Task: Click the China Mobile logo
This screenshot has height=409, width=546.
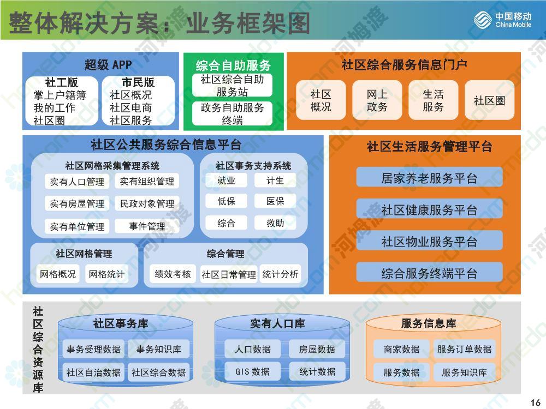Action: click(x=502, y=20)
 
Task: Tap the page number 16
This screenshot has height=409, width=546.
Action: click(x=536, y=402)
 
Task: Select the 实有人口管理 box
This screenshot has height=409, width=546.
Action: click(x=77, y=182)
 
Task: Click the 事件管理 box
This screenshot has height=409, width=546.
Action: click(x=147, y=226)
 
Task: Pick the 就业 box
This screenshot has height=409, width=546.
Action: click(x=227, y=181)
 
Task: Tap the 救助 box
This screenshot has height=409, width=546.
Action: click(x=275, y=222)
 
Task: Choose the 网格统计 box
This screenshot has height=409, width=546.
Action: click(x=106, y=274)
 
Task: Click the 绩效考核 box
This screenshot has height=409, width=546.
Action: click(x=173, y=274)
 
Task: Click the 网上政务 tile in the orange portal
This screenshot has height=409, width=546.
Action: click(x=377, y=100)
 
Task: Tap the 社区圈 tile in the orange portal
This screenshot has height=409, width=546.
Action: click(x=489, y=100)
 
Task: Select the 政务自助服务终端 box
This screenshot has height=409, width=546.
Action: click(x=232, y=113)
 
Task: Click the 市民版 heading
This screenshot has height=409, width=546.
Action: click(x=138, y=82)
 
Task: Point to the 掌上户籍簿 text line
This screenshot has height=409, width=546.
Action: click(x=60, y=95)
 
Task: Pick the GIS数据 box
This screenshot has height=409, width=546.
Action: click(x=252, y=371)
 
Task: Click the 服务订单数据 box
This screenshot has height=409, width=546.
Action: click(x=465, y=349)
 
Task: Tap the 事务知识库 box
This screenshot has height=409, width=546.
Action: click(x=158, y=349)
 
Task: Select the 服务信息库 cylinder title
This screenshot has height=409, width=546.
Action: click(x=429, y=323)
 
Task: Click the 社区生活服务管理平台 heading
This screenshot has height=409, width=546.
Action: click(x=429, y=146)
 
